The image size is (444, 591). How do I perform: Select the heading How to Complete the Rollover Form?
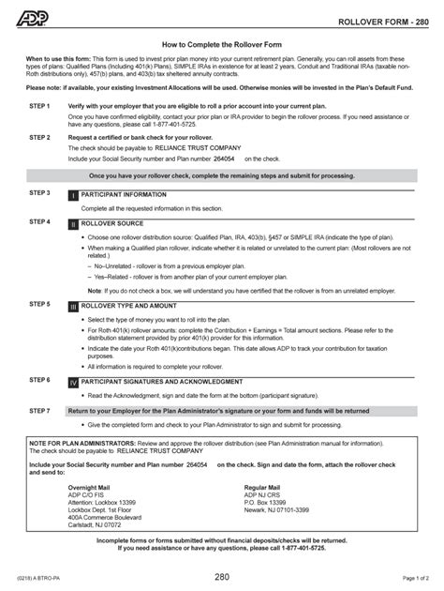(221, 43)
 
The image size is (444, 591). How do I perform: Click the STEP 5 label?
(39, 305)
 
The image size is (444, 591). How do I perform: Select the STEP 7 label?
(39, 411)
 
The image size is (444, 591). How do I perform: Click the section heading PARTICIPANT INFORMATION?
(125, 194)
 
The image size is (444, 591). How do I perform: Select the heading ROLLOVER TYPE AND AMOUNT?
(129, 306)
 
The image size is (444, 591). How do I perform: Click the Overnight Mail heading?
(91, 488)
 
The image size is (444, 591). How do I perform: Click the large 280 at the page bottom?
(221, 575)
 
